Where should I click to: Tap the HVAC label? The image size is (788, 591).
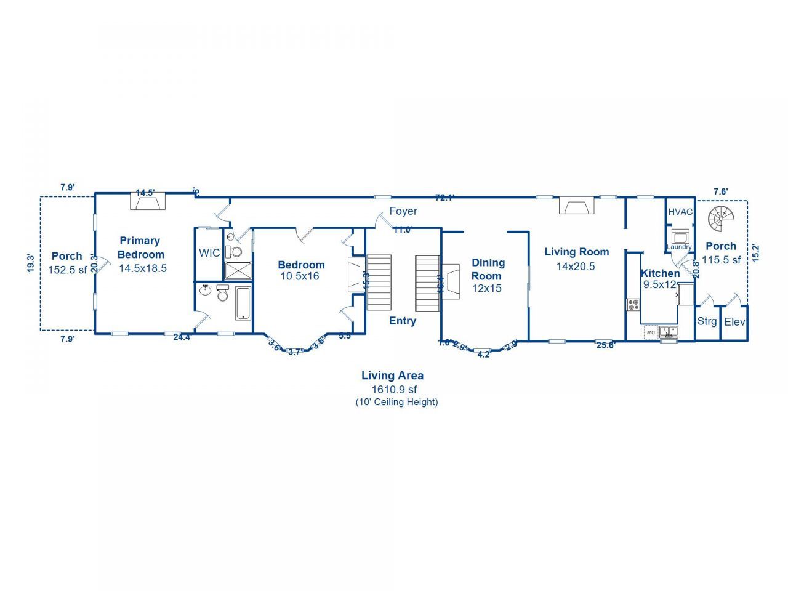[x=680, y=212]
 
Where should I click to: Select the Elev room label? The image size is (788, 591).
[x=734, y=322]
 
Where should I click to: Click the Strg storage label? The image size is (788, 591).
[x=707, y=321]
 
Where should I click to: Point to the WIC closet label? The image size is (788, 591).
[x=209, y=253]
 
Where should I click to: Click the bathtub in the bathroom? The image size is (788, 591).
[x=243, y=303]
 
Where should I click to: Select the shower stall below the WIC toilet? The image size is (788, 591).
[x=238, y=271]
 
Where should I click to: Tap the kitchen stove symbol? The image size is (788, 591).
[x=633, y=304]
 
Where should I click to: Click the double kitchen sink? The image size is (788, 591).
[x=669, y=332]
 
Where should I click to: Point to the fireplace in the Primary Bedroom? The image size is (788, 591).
[x=148, y=201]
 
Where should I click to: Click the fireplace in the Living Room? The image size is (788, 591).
[x=577, y=206]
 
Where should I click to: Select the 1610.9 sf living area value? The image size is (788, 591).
[x=394, y=389]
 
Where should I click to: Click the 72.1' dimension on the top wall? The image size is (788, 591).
[x=444, y=198]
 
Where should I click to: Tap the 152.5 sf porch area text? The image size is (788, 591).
[x=68, y=270]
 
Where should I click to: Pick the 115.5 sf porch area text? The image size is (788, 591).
[x=721, y=260]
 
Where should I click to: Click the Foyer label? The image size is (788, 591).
[x=403, y=211]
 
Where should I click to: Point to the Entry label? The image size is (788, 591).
[x=403, y=321]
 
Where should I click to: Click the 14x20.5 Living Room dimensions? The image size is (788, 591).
[x=576, y=267]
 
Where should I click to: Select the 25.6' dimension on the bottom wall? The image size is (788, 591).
[x=606, y=345]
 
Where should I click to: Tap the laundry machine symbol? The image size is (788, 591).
[x=680, y=236]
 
